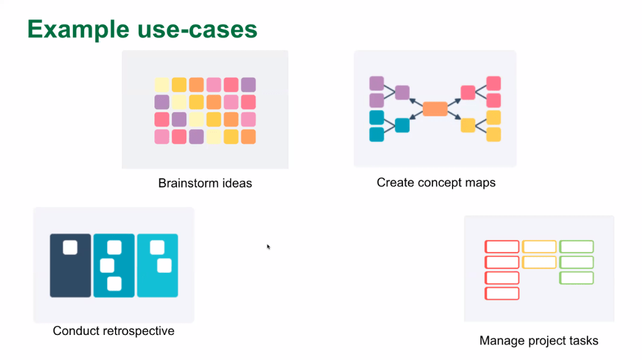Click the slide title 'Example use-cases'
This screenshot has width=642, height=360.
tap(142, 29)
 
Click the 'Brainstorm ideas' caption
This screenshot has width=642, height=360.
tap(205, 184)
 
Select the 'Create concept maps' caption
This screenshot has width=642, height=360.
tap(436, 183)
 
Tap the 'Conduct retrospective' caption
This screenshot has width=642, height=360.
tap(114, 331)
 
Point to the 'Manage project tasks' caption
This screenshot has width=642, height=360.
tap(538, 341)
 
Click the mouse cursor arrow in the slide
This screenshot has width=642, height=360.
tap(268, 246)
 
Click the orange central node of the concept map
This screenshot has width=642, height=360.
tap(435, 109)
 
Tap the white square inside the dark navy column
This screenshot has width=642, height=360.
tap(70, 247)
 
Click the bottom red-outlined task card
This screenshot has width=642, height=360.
tap(501, 293)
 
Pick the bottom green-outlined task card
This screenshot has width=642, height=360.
tap(576, 277)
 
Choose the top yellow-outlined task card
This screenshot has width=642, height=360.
tap(539, 246)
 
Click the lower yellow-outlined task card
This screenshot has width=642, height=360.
tap(539, 262)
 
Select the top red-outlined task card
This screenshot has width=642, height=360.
tap(501, 246)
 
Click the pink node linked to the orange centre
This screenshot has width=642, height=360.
tap(468, 93)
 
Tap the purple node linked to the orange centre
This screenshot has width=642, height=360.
tap(402, 93)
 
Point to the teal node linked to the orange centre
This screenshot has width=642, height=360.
tap(402, 125)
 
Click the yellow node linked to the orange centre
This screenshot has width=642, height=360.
tap(468, 125)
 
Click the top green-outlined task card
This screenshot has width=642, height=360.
tap(576, 246)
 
